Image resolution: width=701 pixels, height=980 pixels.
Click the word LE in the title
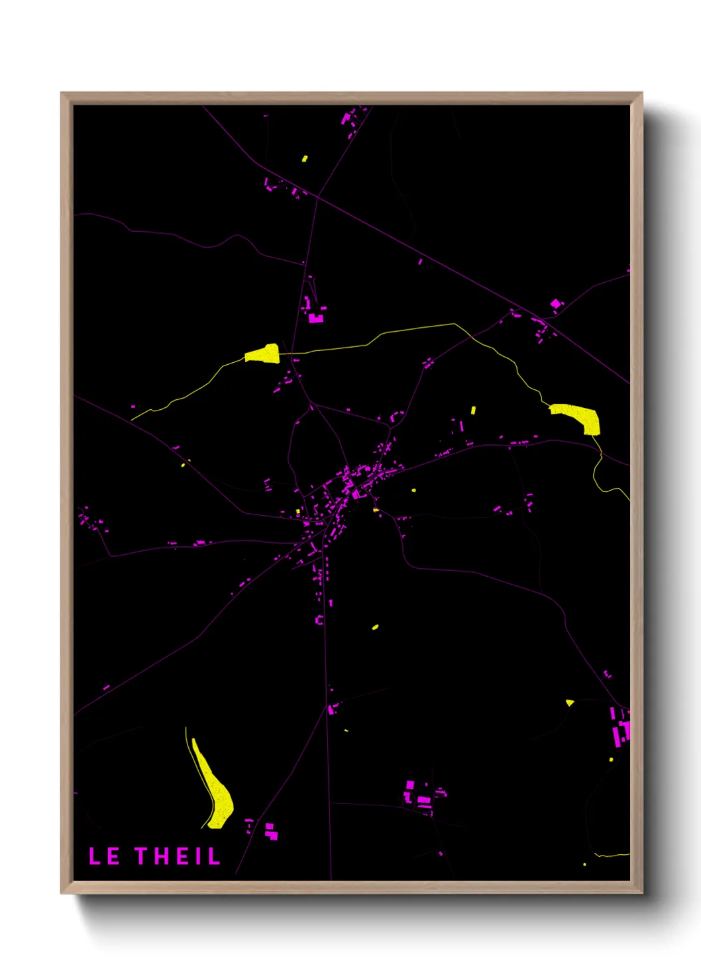104,856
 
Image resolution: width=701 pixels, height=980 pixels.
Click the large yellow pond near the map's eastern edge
578,416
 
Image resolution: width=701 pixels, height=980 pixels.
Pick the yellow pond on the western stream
263,354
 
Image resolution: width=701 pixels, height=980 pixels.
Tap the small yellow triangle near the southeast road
569,703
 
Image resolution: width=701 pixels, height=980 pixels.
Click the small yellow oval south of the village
375,626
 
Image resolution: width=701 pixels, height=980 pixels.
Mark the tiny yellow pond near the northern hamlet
305,158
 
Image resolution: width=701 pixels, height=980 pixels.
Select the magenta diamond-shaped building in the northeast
556,304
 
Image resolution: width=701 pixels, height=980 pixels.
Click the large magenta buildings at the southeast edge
620,726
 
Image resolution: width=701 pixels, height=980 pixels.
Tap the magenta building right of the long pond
270,831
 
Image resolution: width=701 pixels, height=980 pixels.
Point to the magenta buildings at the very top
349,119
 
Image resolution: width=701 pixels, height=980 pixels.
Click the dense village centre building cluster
351,483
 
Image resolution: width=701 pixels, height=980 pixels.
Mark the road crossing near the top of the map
317,196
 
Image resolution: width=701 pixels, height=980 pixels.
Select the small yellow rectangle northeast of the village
473,411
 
